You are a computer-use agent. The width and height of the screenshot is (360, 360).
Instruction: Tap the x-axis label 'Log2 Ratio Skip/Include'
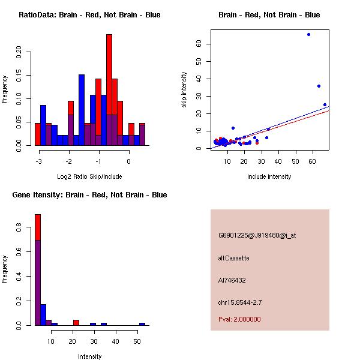89,176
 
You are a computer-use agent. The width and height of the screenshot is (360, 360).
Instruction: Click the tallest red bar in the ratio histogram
109,90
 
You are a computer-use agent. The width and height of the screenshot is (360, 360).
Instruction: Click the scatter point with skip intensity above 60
308,34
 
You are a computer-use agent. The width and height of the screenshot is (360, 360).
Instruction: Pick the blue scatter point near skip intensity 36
319,86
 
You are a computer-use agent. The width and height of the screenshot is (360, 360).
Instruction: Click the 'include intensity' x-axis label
269,176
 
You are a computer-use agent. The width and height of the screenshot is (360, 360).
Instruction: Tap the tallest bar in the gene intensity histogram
38,270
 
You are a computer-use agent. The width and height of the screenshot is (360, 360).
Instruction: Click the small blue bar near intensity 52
142,324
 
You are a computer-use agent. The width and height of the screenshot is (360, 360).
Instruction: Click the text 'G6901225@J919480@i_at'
257,235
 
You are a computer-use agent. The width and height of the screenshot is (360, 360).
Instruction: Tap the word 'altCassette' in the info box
233,258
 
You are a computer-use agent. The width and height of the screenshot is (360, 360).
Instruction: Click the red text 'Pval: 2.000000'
239,319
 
